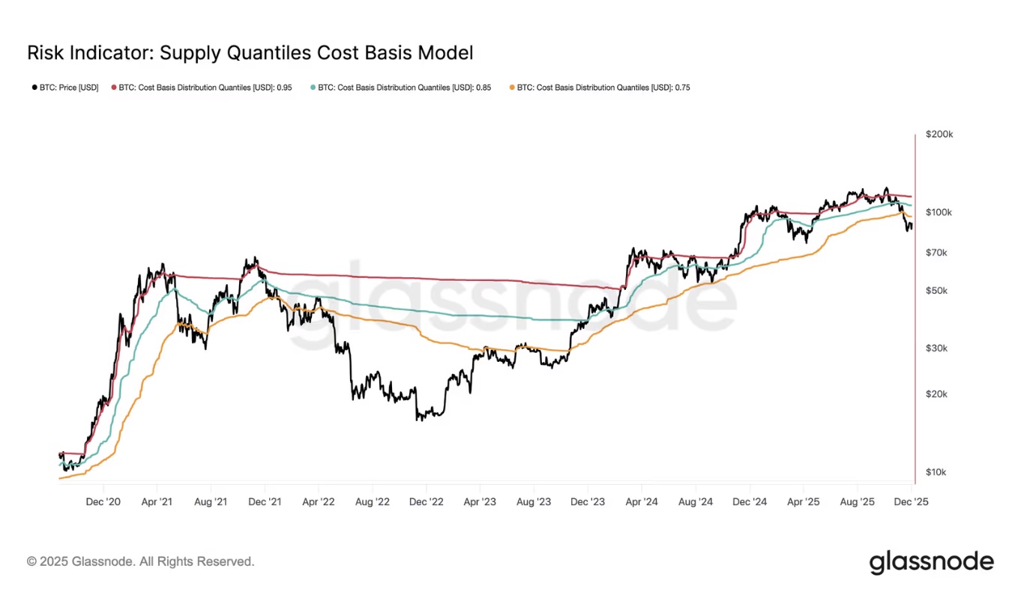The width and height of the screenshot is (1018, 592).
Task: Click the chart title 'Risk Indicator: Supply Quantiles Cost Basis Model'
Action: point(250,53)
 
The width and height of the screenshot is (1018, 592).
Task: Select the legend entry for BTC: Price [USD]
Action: point(65,88)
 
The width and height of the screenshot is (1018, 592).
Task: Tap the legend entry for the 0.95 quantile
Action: point(202,88)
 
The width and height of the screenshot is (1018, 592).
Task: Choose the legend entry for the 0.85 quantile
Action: point(401,88)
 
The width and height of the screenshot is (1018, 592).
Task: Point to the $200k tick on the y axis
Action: point(939,134)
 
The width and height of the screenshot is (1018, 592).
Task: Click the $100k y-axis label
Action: point(939,212)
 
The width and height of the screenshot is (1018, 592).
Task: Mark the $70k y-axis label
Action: point(936,253)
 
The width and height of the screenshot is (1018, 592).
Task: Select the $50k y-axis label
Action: point(936,291)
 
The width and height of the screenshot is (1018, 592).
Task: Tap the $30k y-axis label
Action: point(936,348)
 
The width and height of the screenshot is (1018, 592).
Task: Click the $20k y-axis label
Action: point(936,394)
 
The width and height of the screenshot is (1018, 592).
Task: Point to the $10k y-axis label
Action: point(936,472)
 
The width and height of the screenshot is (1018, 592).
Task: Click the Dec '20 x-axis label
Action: point(103,502)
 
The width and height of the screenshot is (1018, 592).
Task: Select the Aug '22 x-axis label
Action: point(373,502)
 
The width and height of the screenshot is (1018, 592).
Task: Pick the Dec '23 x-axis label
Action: point(588,502)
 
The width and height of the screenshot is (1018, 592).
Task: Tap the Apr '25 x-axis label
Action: point(804,502)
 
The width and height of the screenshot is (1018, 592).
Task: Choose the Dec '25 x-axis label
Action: point(911,502)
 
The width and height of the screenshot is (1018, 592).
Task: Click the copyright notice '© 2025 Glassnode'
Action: point(141,561)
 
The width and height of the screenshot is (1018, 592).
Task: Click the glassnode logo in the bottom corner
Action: point(931,562)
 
